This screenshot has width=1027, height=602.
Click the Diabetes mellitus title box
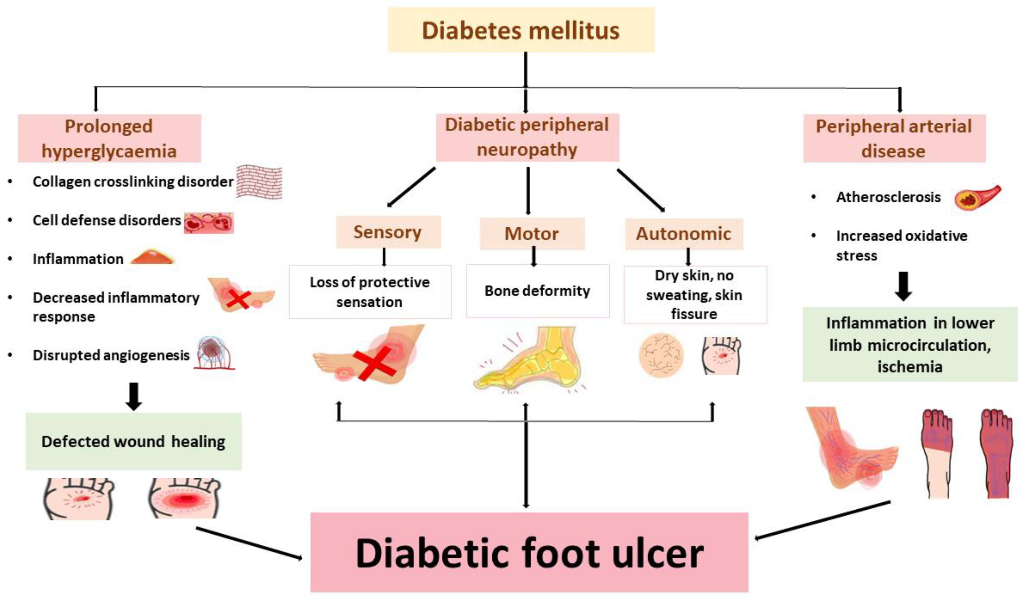[521, 30]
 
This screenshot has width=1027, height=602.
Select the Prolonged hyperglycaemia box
[109, 138]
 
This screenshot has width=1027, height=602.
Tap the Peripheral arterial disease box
[894, 138]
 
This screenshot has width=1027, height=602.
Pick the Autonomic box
[684, 234]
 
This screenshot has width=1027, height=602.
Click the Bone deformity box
[538, 291]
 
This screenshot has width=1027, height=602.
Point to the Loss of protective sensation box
[370, 292]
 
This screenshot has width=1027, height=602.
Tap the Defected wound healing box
[134, 442]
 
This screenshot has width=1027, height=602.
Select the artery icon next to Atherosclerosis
[977, 197]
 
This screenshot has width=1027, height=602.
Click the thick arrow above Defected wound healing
[134, 396]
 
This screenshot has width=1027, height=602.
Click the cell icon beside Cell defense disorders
[209, 222]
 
